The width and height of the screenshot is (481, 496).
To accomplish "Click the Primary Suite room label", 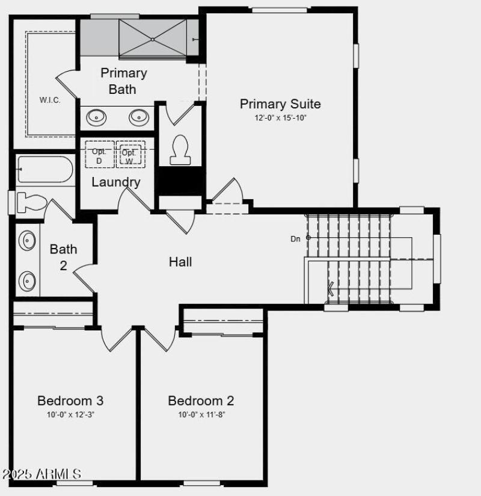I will point(280,104).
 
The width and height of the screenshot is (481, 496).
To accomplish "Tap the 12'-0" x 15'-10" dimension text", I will point(280,118).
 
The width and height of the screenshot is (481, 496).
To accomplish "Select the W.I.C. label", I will point(50,100).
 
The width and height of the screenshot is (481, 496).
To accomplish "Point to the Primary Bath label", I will point(123,81).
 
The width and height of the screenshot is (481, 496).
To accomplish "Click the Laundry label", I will point(116,182).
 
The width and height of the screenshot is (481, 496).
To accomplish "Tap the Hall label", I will point(180,262).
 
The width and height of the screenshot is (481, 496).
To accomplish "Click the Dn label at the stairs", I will point(295,239).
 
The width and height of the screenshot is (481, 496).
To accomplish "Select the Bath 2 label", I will point(63,256).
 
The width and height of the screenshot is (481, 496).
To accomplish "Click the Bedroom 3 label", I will point(70,400).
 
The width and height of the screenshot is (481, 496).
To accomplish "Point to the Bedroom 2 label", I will point(201,400).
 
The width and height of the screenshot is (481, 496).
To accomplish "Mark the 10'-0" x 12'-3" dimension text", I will point(70,414).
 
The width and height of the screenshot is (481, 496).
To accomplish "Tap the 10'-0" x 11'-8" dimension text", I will point(201,414).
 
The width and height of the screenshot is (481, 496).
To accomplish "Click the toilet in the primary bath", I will point(180,149).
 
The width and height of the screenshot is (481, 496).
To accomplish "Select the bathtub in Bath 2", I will point(45,170).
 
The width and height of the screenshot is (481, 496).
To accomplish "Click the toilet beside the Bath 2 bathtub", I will point(30,202).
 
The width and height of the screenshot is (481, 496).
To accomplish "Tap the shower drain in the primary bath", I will point(153,40).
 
